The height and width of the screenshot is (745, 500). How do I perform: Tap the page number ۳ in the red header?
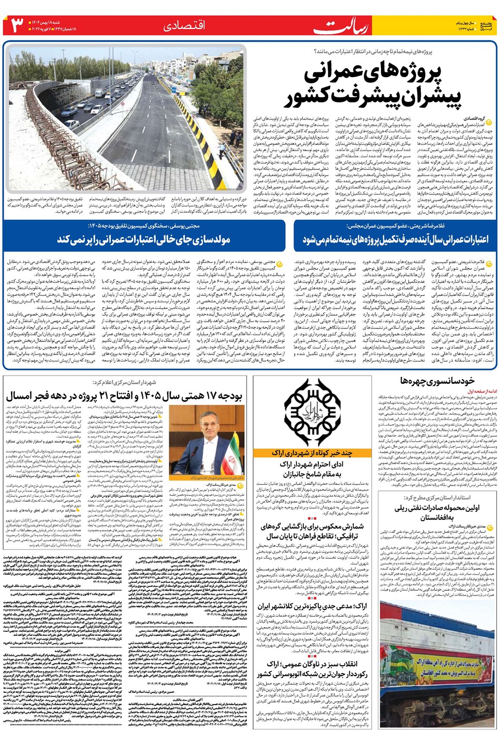(17, 25)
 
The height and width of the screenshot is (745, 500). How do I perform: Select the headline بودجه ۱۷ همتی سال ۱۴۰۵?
(124, 396)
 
